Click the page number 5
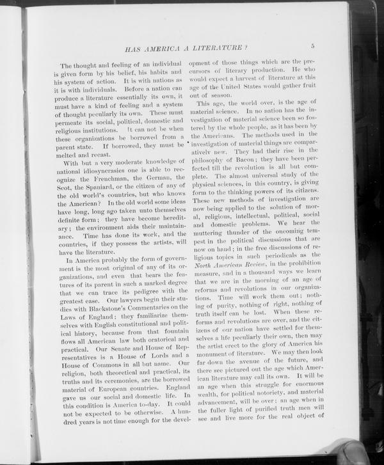click(x=313, y=46)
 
